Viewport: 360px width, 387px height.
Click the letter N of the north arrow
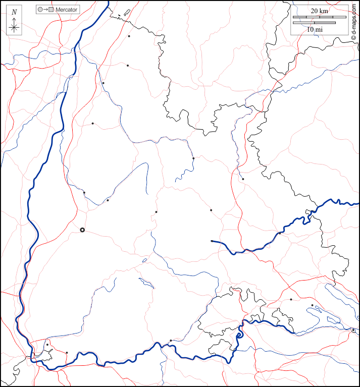click(14, 12)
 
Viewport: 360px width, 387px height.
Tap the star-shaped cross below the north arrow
click(14, 27)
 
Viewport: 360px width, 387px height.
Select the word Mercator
click(66, 10)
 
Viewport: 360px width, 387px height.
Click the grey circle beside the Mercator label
click(40, 10)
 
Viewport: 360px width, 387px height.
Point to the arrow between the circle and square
click(45, 10)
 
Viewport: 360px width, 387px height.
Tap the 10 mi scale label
click(315, 30)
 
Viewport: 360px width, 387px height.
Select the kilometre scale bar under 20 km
click(319, 17)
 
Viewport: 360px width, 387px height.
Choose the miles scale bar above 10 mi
click(314, 23)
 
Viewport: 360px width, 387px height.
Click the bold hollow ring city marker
click(82, 230)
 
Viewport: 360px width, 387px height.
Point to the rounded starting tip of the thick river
click(212, 241)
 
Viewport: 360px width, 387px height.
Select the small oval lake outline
click(144, 261)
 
